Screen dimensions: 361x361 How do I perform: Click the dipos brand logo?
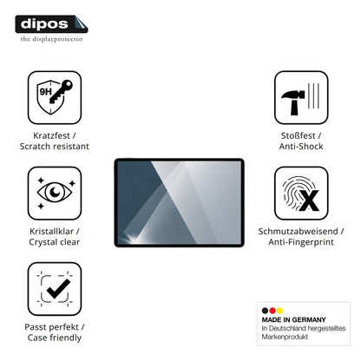(51, 24)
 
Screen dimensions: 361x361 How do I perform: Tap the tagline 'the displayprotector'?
(51, 39)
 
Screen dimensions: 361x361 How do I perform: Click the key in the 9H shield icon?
(62, 91)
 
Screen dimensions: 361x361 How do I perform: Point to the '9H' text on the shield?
(45, 92)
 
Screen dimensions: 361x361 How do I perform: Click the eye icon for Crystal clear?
(55, 192)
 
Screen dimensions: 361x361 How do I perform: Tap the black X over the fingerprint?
(309, 200)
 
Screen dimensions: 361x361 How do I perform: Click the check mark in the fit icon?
(59, 288)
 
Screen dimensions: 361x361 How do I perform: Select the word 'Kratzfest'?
(51, 135)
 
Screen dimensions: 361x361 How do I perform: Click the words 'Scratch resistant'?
(55, 146)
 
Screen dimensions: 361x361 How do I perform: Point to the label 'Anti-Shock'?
(301, 146)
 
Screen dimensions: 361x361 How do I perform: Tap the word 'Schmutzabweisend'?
(298, 231)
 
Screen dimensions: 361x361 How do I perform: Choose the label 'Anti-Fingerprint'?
(301, 242)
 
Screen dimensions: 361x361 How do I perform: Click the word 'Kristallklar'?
(51, 231)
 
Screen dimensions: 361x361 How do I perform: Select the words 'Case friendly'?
(55, 338)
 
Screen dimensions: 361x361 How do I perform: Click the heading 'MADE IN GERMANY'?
(294, 319)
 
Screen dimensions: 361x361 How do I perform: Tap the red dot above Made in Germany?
(272, 311)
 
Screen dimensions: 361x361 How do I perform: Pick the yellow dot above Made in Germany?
(279, 311)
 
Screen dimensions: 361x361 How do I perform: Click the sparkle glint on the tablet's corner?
(127, 240)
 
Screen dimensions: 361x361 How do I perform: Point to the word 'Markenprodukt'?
(285, 337)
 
